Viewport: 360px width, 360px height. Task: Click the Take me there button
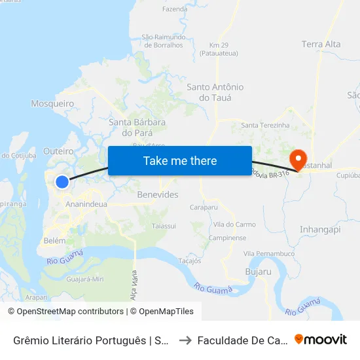click(x=180, y=160)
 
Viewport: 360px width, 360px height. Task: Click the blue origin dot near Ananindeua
click(x=62, y=182)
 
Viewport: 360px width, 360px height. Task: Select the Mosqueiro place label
click(x=52, y=103)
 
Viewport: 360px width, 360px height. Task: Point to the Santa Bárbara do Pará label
click(x=137, y=127)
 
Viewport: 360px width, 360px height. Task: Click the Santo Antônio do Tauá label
click(x=215, y=92)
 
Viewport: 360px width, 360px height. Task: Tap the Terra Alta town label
click(x=321, y=45)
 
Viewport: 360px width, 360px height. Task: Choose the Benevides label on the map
click(x=158, y=195)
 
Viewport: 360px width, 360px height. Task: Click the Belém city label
click(x=54, y=240)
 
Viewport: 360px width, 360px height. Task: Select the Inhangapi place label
click(x=320, y=230)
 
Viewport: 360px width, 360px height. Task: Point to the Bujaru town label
click(x=257, y=270)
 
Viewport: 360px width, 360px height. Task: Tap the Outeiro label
click(x=58, y=151)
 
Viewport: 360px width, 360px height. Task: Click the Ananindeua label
click(x=87, y=204)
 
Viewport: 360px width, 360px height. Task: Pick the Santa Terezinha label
click(x=265, y=125)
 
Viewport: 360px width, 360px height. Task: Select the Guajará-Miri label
click(x=86, y=279)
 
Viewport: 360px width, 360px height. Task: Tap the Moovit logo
click(x=321, y=340)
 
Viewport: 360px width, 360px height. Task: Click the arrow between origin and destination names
click(x=185, y=340)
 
